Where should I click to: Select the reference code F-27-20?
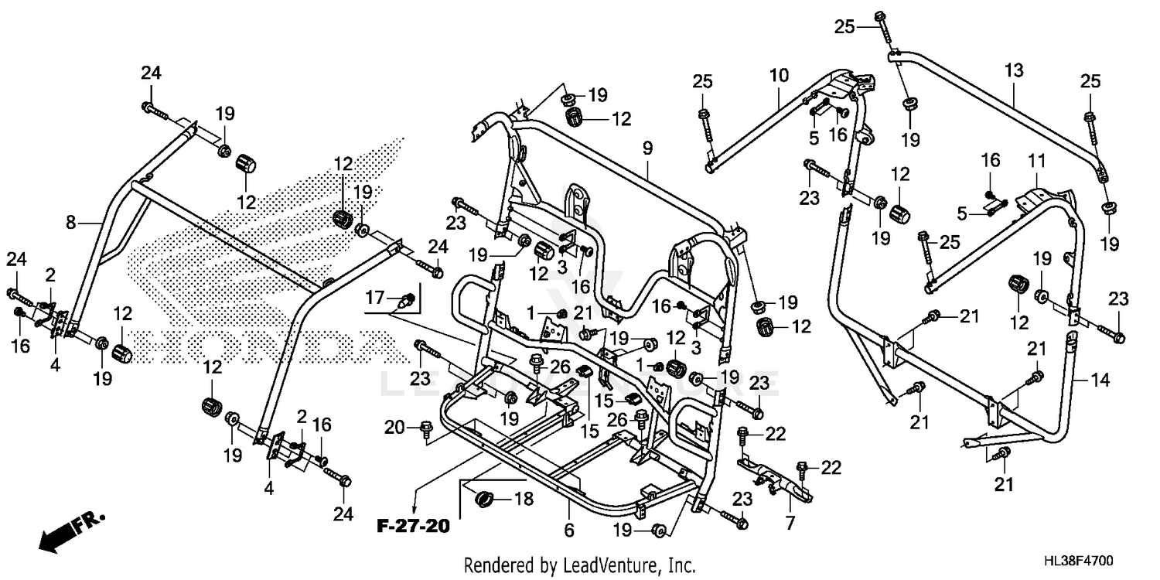point(413,527)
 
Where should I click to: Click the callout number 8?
point(71,223)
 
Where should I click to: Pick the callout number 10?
point(779,76)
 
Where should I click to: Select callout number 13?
point(1014,71)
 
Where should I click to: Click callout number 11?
point(1036,162)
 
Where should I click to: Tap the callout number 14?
point(1100,380)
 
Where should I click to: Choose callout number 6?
point(569,531)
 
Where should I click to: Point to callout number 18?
point(524,500)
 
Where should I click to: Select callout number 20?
point(394,426)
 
